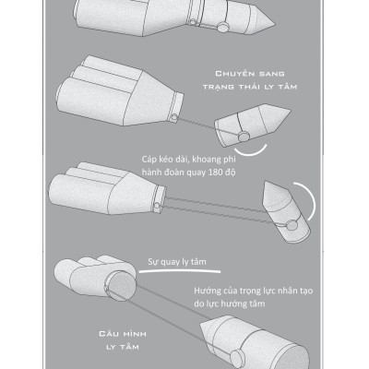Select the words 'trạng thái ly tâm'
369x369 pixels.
(250, 87)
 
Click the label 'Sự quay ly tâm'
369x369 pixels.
(177, 262)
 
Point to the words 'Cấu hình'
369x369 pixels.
(123, 334)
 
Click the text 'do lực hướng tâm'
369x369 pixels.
(230, 304)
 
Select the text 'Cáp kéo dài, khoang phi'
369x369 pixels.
(188, 160)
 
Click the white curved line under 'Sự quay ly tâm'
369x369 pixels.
(180, 271)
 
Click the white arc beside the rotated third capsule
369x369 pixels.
(311, 200)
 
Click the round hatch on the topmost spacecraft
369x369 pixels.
(222, 27)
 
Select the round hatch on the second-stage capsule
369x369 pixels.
(244, 137)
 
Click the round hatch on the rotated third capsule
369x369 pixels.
(292, 225)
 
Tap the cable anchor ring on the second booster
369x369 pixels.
(174, 117)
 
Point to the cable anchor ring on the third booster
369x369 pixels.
(157, 206)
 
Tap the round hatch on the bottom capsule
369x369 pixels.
(237, 358)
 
